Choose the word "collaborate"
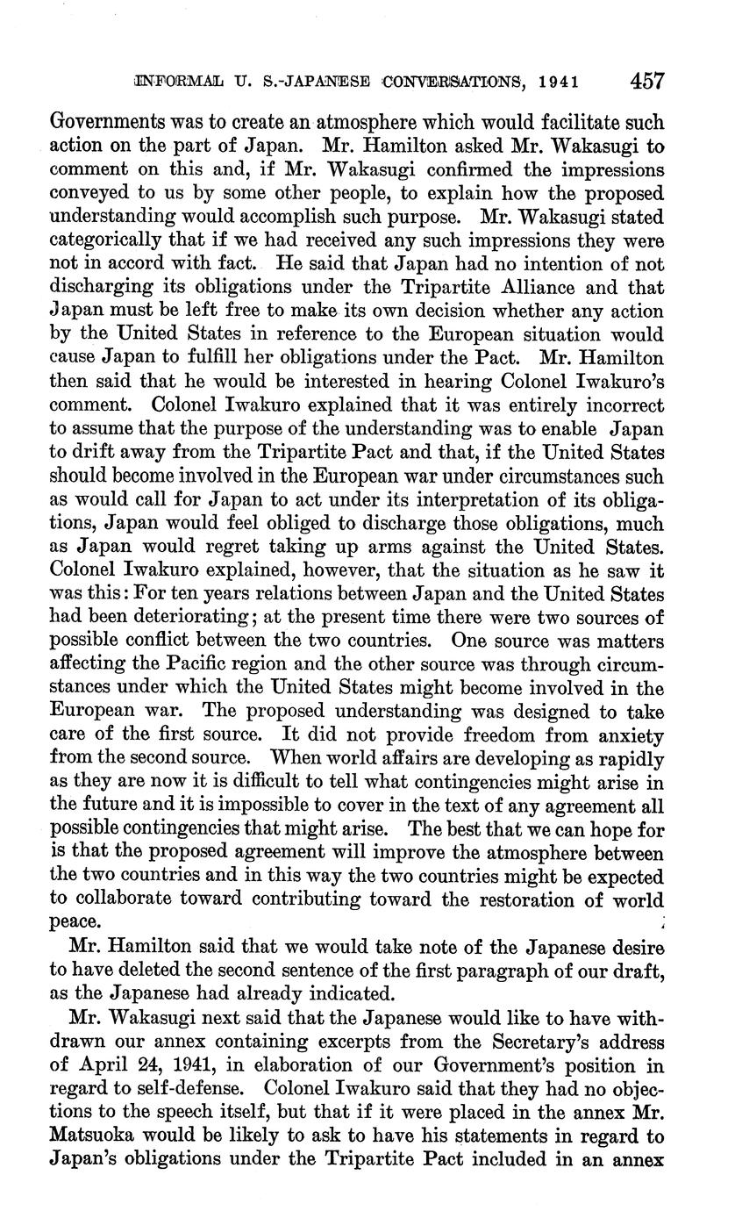pyautogui.click(x=131, y=899)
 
